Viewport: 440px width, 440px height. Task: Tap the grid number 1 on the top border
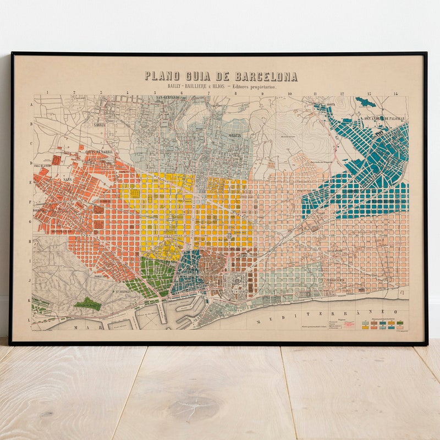pos(48,93)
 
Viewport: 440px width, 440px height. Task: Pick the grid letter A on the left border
pos(31,104)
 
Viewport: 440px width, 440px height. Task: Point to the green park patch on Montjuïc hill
pos(87,303)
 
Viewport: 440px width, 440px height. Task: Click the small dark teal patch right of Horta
pos(365,102)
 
